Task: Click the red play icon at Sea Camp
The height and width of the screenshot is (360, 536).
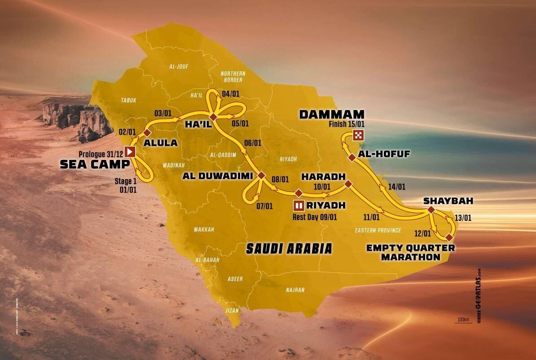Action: click(130, 152)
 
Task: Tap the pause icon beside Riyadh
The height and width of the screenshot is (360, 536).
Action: click(299, 206)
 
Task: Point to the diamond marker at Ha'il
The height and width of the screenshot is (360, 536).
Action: click(214, 117)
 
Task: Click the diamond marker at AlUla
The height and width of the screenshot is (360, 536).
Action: click(147, 132)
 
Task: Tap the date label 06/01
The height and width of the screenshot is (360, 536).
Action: click(253, 143)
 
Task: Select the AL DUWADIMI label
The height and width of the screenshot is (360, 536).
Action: click(217, 176)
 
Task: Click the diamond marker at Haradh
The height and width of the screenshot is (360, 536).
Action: click(347, 184)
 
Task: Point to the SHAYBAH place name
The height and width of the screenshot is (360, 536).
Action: click(442, 201)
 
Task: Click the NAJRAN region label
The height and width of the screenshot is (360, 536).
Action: click(295, 290)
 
